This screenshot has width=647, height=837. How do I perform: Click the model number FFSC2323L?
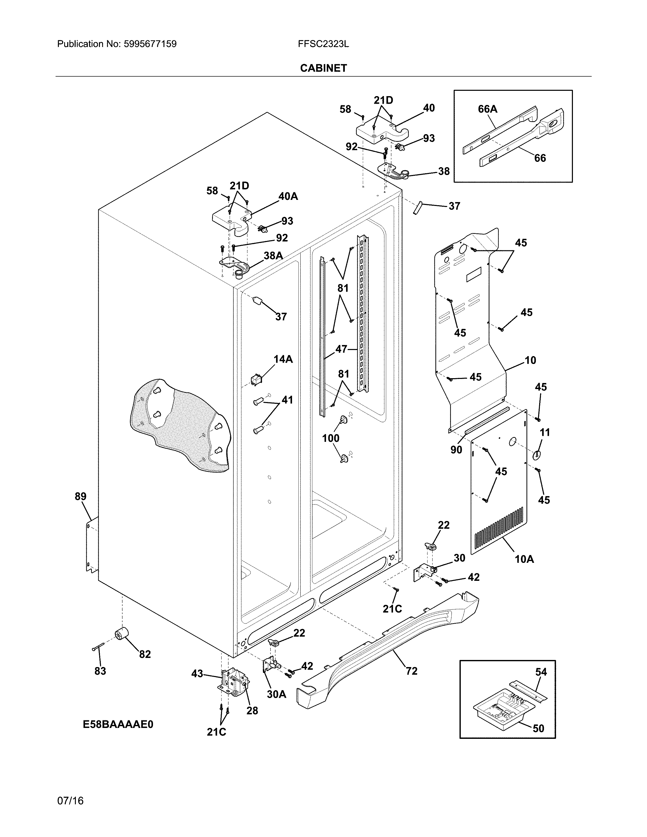(x=323, y=44)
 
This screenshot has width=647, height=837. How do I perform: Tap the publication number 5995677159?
(x=150, y=44)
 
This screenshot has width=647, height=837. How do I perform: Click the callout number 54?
(x=541, y=672)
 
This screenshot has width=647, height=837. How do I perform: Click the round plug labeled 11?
(x=537, y=455)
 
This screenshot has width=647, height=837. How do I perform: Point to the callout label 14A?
(x=283, y=359)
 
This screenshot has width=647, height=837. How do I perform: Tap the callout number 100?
(x=330, y=438)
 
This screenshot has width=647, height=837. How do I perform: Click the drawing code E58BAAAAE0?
(x=118, y=724)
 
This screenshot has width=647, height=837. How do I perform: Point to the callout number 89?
(x=80, y=496)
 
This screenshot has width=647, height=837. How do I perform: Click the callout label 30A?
(x=276, y=694)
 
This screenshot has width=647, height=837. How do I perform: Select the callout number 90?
(x=456, y=449)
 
